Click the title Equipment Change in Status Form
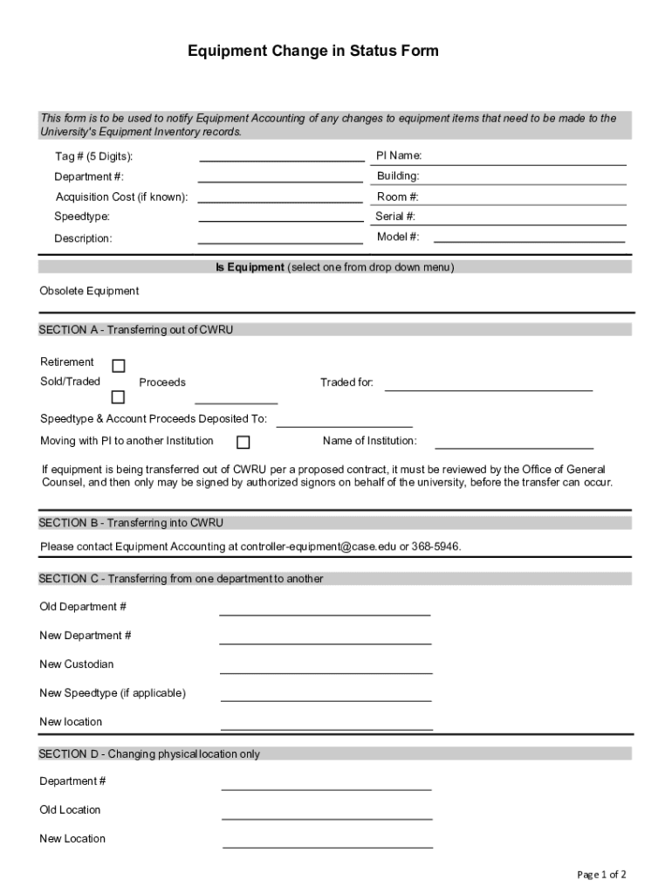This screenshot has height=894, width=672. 313,52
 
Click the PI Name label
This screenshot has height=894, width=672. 399,155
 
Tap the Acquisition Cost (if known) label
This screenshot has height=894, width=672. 121,196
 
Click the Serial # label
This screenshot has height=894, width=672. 395,217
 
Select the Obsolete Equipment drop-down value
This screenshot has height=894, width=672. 89,291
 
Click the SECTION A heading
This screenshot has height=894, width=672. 136,330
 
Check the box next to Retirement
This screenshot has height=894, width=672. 118,365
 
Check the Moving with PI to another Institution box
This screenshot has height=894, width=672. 243,442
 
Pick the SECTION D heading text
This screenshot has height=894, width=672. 149,753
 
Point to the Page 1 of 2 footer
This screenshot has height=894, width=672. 601,874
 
